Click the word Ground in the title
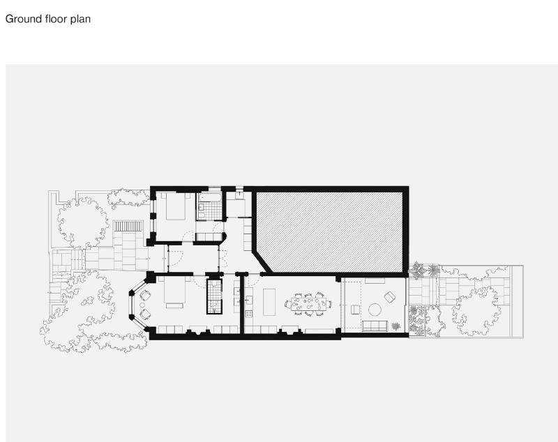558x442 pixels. pos(24,19)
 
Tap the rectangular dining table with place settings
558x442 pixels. pos(308,304)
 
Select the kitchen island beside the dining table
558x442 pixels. pos(269,302)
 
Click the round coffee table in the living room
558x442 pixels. pos(375,310)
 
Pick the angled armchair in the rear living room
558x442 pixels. pos(390,297)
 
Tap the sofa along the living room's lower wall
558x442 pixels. pos(375,326)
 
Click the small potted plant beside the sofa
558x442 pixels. pos(395,326)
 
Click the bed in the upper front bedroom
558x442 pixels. pos(175,206)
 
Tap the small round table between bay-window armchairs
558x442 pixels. pos(142,305)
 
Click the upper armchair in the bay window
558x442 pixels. pos(145,295)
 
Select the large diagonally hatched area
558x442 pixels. pos(329,231)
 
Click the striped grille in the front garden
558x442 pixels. pos(128,226)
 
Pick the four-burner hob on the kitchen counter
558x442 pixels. pos(249,314)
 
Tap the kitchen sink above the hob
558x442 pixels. pos(249,300)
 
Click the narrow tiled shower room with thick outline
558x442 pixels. pos(214,296)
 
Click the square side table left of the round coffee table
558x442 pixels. pos(355,310)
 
